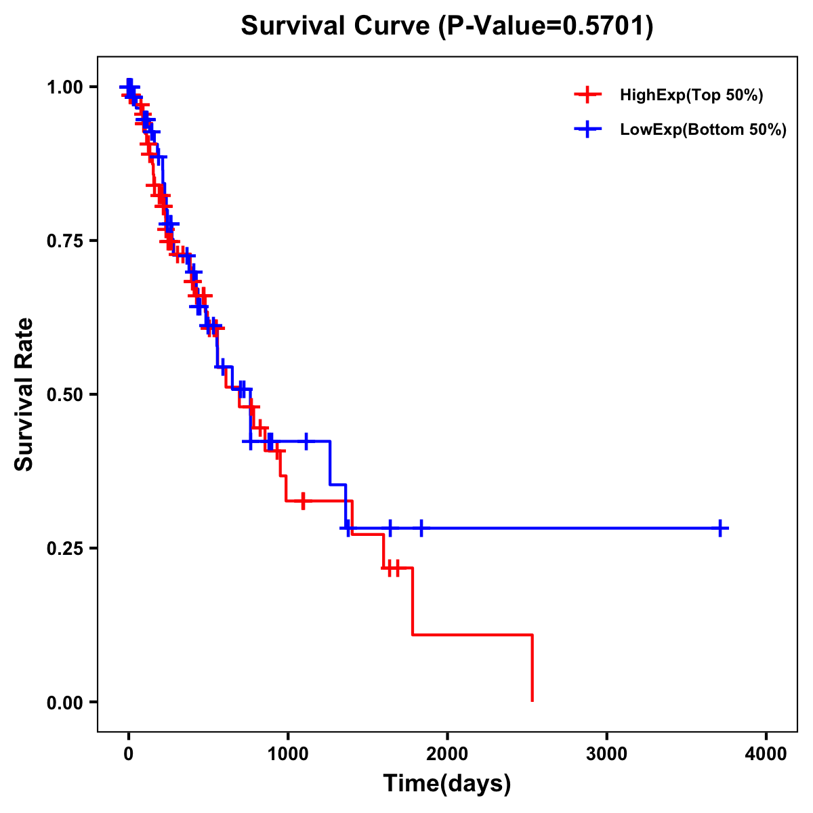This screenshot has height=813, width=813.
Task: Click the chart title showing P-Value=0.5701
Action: pos(447,27)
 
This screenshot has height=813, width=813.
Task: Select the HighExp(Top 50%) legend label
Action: pos(691,96)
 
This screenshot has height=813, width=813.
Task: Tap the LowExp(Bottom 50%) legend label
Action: pos(703,130)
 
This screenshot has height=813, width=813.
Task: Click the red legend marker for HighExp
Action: pos(587,95)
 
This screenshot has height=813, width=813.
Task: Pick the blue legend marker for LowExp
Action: pos(587,129)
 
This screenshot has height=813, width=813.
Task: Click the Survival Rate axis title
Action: pos(24,394)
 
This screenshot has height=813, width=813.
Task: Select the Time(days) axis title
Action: pos(447,784)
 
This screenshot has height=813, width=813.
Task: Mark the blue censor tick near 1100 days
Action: pos(306,441)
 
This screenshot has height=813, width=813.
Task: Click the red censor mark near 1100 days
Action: pos(303,501)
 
